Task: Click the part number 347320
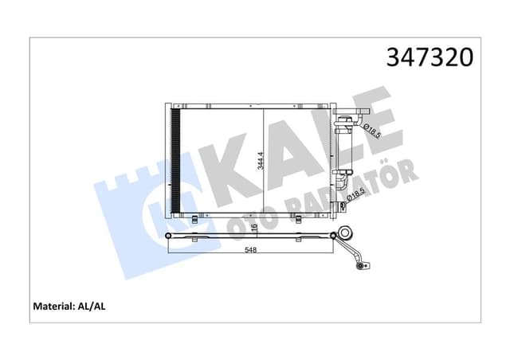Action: pyautogui.click(x=430, y=58)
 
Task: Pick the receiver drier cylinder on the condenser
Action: pyautogui.click(x=346, y=147)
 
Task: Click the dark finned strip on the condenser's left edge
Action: pyautogui.click(x=177, y=159)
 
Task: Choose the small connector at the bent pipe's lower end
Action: pyautogui.click(x=363, y=266)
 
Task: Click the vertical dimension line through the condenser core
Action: pyautogui.click(x=264, y=159)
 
